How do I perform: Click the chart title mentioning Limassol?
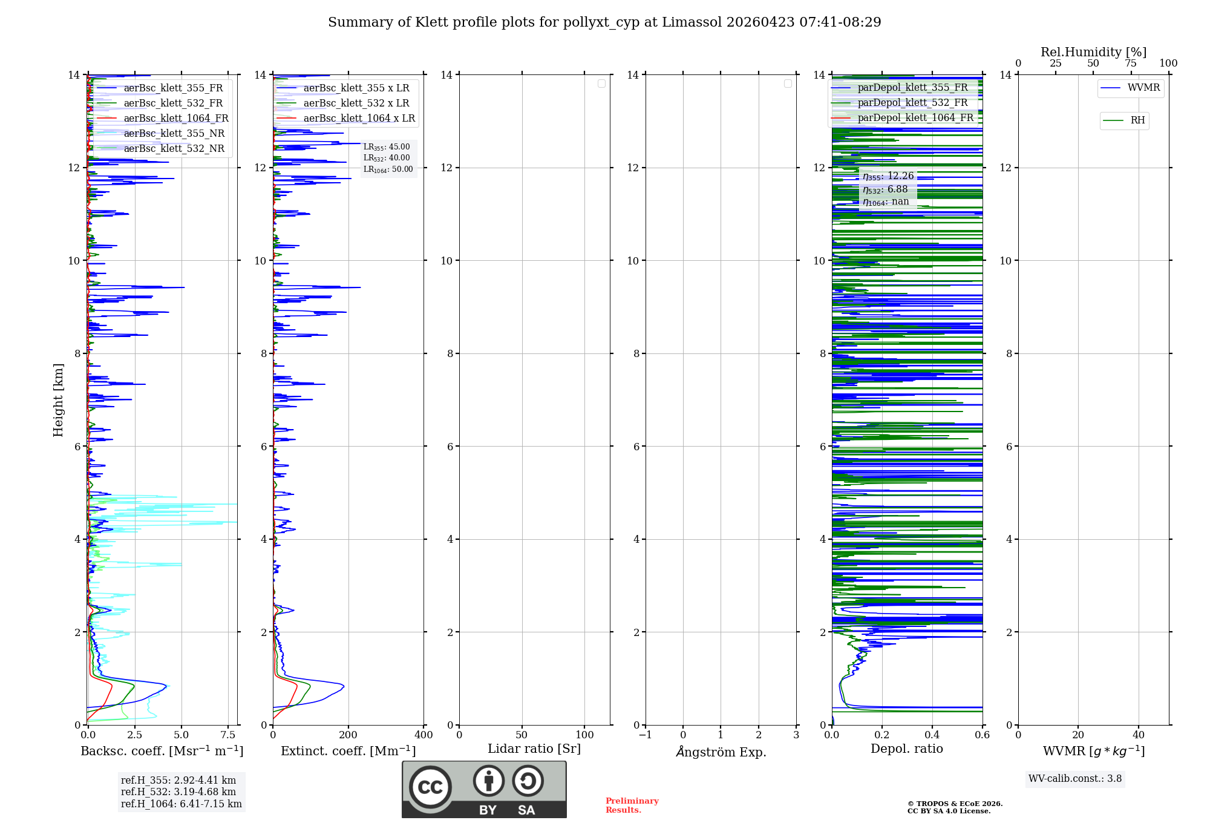pyautogui.click(x=604, y=22)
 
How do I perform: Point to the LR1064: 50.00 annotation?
pyautogui.click(x=388, y=169)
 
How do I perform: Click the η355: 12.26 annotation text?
pyautogui.click(x=888, y=176)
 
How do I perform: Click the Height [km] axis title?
pyautogui.click(x=58, y=400)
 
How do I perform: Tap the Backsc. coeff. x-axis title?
pyautogui.click(x=162, y=751)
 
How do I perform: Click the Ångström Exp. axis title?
pyautogui.click(x=721, y=752)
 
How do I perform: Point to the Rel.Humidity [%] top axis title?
pyautogui.click(x=1093, y=52)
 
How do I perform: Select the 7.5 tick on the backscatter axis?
pyautogui.click(x=227, y=735)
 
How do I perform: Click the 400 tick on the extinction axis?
pyautogui.click(x=423, y=735)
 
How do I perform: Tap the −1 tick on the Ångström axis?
pyautogui.click(x=645, y=735)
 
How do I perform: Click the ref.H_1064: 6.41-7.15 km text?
pyautogui.click(x=181, y=804)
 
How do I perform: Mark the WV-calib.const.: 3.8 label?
pyautogui.click(x=1074, y=779)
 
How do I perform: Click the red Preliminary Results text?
pyautogui.click(x=632, y=805)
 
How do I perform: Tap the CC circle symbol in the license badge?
pyautogui.click(x=430, y=787)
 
